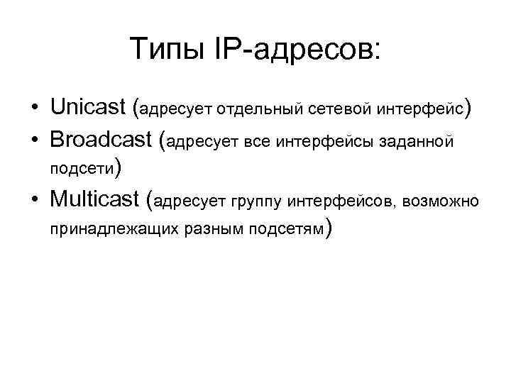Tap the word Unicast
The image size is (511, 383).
[88, 107]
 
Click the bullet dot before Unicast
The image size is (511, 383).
[34, 109]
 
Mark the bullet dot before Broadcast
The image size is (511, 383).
[34, 141]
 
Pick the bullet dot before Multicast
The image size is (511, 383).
[34, 201]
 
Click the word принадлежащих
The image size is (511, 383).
[104, 230]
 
